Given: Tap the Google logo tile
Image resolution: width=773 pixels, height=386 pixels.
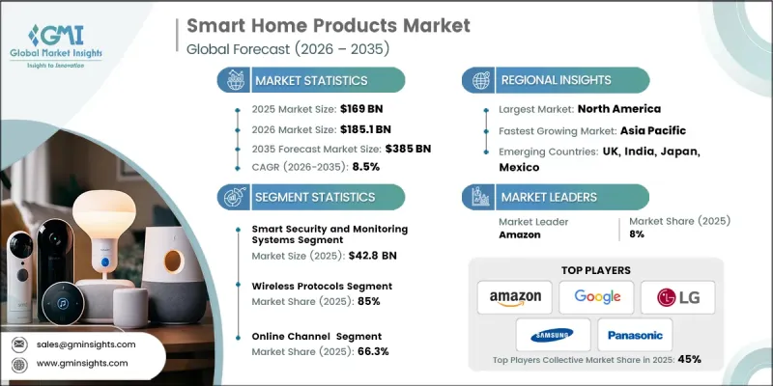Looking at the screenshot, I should pos(596,296).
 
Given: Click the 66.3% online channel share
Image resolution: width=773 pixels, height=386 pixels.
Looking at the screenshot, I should pos(376,351).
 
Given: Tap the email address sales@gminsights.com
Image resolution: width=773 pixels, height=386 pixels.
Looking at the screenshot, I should pos(87,345).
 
